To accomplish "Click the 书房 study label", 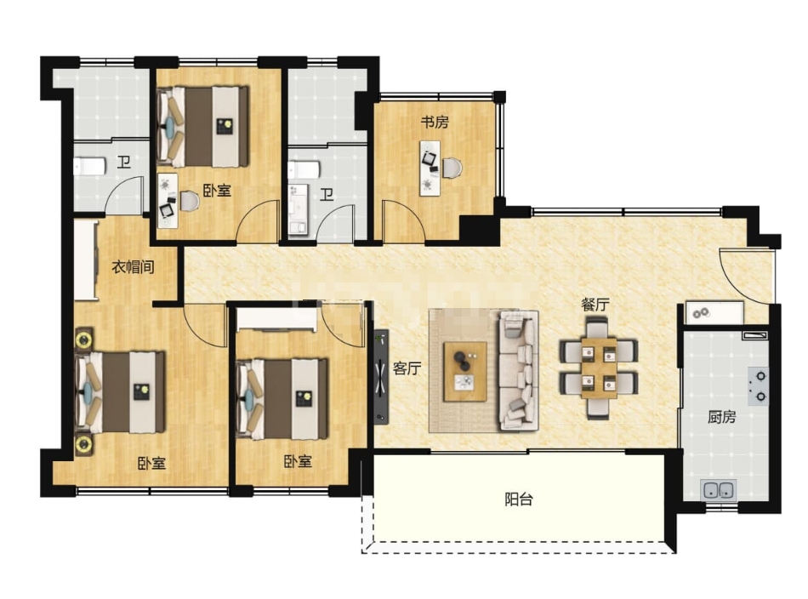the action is coord(435,123).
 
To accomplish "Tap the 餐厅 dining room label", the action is coord(595,305).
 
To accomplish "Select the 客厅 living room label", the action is coord(407,368).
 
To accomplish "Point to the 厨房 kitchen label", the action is coord(721,417).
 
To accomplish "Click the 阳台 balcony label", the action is coord(519,499).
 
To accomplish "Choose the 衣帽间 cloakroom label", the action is coord(134,267).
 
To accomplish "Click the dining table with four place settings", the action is coord(600,368).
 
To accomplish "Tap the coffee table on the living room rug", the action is coord(465,372).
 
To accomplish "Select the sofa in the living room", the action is coord(518,370).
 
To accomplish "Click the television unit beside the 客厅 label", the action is coord(381,377).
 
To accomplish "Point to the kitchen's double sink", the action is coord(720,489).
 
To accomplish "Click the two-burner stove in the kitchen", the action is coord(758,385).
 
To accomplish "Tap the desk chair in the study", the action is coord(452,168).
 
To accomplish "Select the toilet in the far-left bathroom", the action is coord(89,167).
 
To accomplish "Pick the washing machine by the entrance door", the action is coord(714,313).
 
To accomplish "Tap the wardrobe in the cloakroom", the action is coord(86,260).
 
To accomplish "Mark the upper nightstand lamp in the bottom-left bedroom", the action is coord(83,339).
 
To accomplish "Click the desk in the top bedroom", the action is coord(168,201).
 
